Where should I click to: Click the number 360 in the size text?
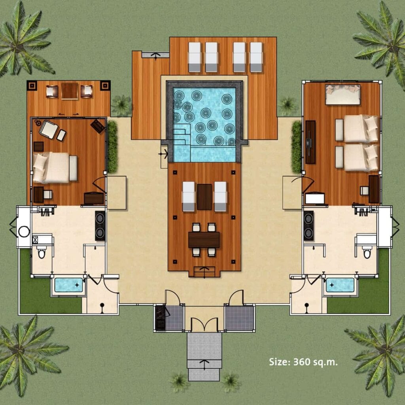[x=301, y=362]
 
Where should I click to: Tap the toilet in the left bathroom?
[x=41, y=252]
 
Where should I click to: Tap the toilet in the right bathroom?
[x=367, y=252]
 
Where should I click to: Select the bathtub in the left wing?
[x=69, y=285]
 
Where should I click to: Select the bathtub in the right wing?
[x=340, y=285]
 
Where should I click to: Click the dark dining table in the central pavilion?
[x=204, y=240]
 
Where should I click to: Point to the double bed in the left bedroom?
[x=55, y=168]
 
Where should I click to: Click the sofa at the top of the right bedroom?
[x=343, y=95]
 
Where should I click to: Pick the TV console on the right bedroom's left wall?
[x=310, y=142]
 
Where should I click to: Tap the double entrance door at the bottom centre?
[x=204, y=324]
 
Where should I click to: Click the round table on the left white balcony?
[x=24, y=231]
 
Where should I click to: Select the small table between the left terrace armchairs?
[x=70, y=91]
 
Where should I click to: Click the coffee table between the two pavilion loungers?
[x=204, y=197]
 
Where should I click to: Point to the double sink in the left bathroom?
[x=100, y=226]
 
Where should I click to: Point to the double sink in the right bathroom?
[x=308, y=226]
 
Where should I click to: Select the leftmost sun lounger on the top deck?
[x=195, y=57]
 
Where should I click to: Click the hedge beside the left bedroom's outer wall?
[x=112, y=147]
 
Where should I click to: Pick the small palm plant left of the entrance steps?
[x=179, y=382]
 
